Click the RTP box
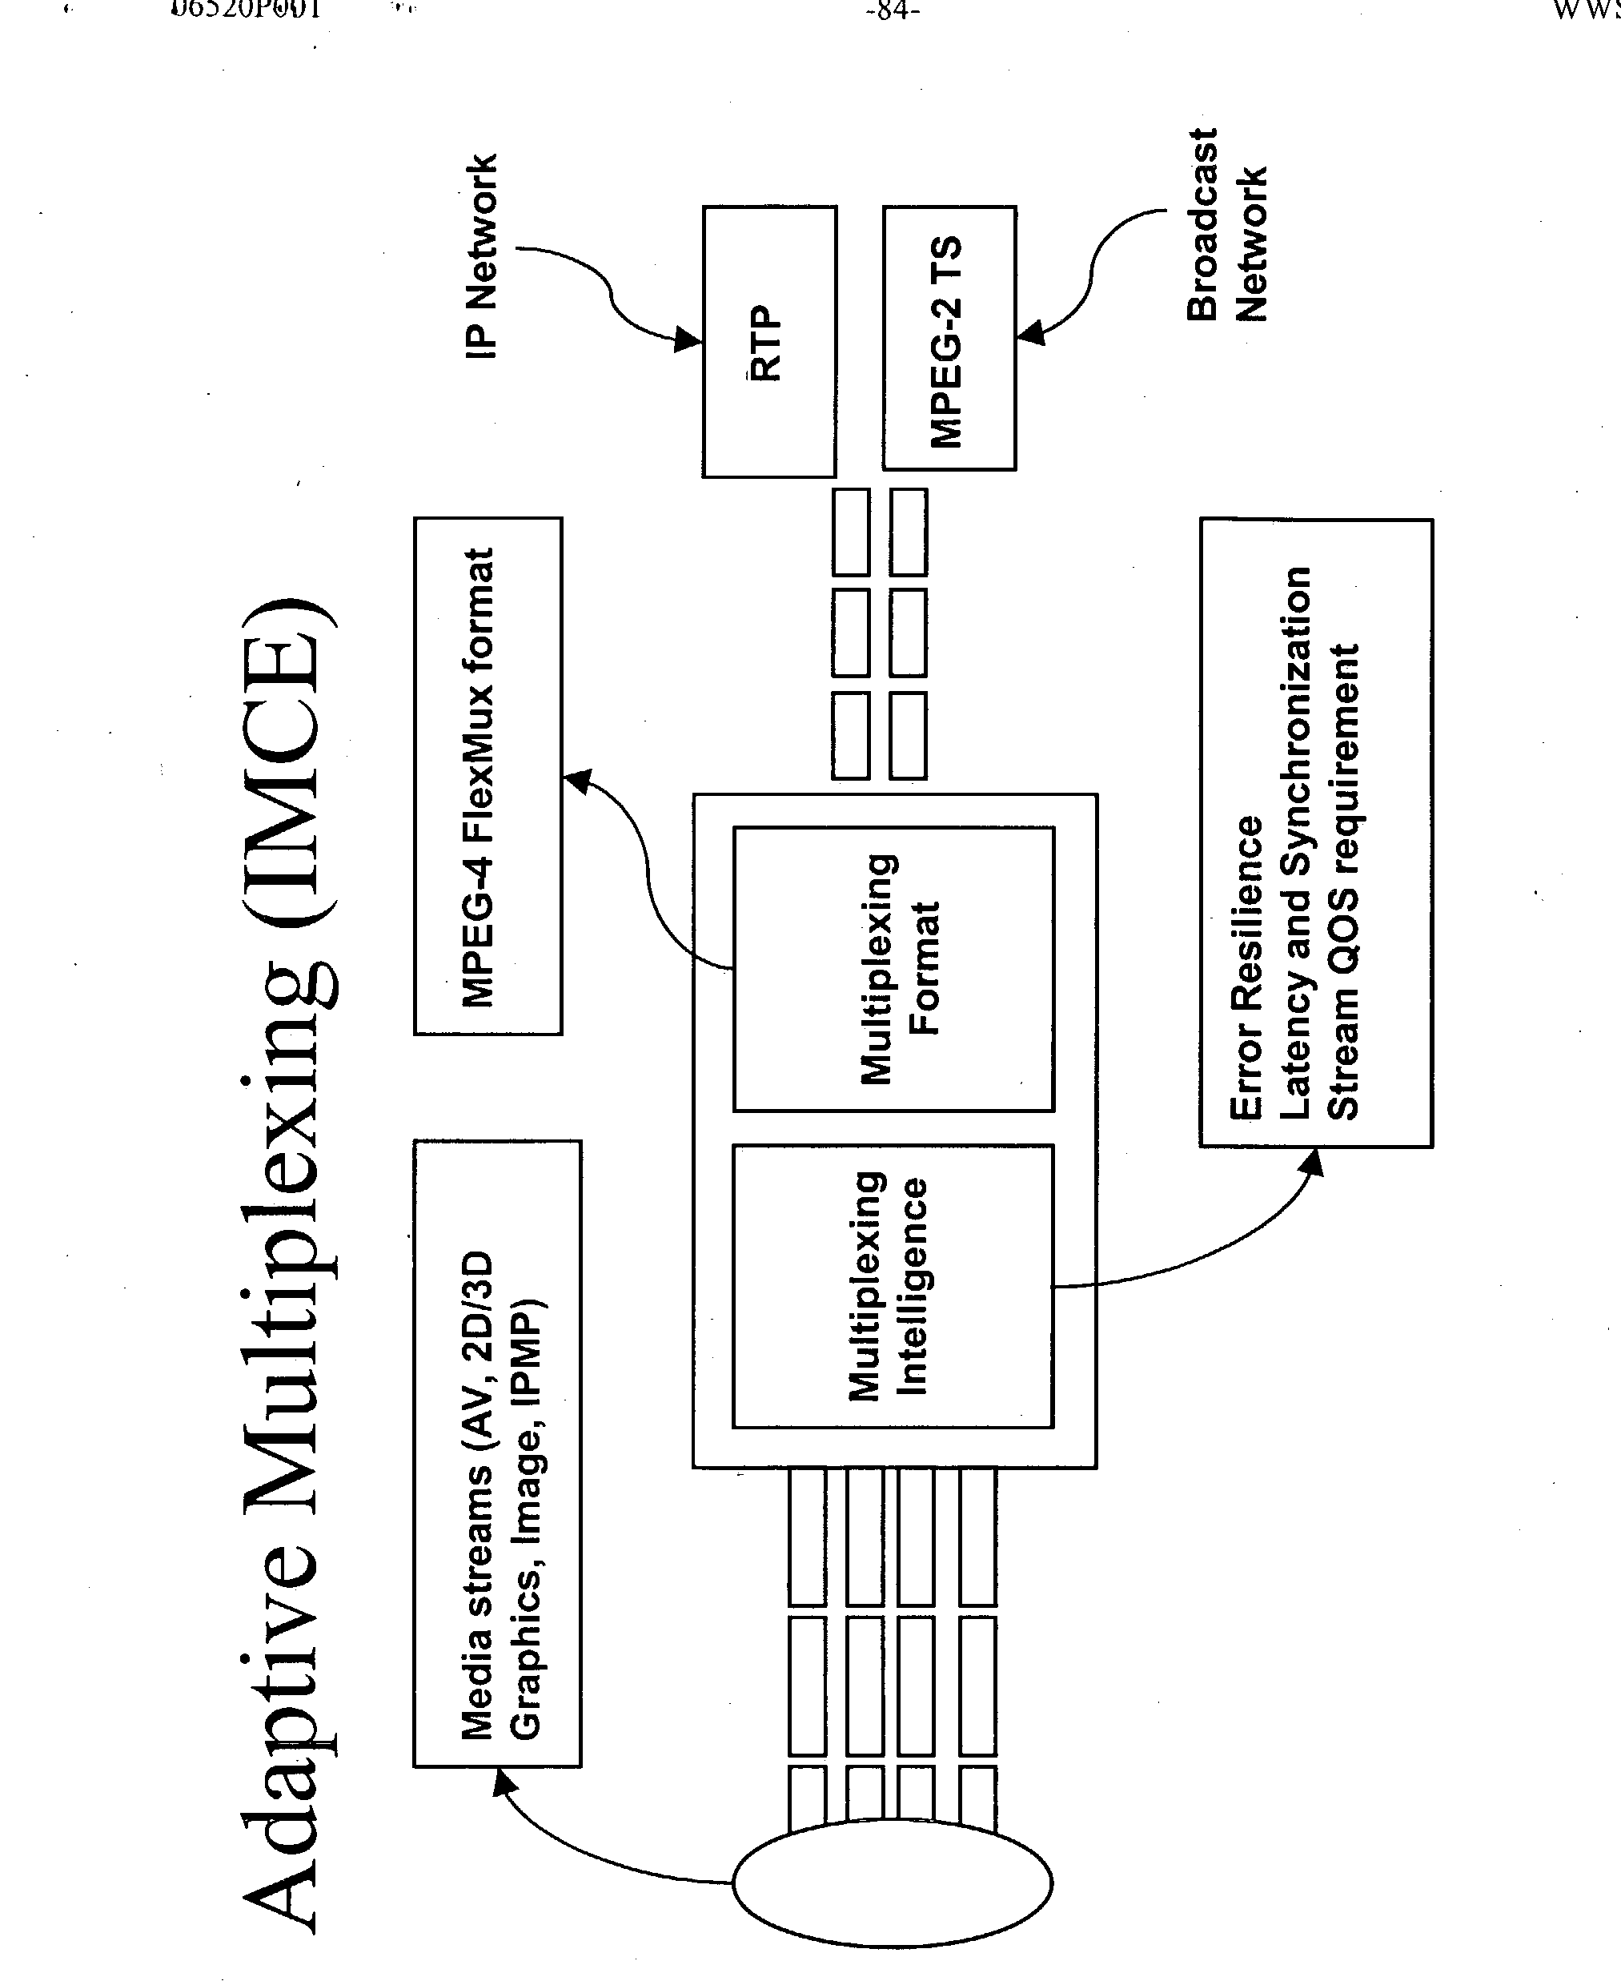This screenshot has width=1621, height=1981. pos(768,342)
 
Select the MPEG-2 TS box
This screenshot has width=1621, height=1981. pos(949,338)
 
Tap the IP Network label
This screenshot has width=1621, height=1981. pos(481,256)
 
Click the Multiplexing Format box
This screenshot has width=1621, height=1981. pos(893,969)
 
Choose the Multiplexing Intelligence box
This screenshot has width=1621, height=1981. pos(892,1287)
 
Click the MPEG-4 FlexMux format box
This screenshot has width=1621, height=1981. pos(488,776)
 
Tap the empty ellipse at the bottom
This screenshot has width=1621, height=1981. pos(892,1882)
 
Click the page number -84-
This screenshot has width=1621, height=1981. pos(893,11)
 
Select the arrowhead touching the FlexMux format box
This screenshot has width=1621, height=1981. pos(577,780)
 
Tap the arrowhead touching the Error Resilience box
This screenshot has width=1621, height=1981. pos(1313,1162)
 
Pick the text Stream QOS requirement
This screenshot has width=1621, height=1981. pos(1345,882)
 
